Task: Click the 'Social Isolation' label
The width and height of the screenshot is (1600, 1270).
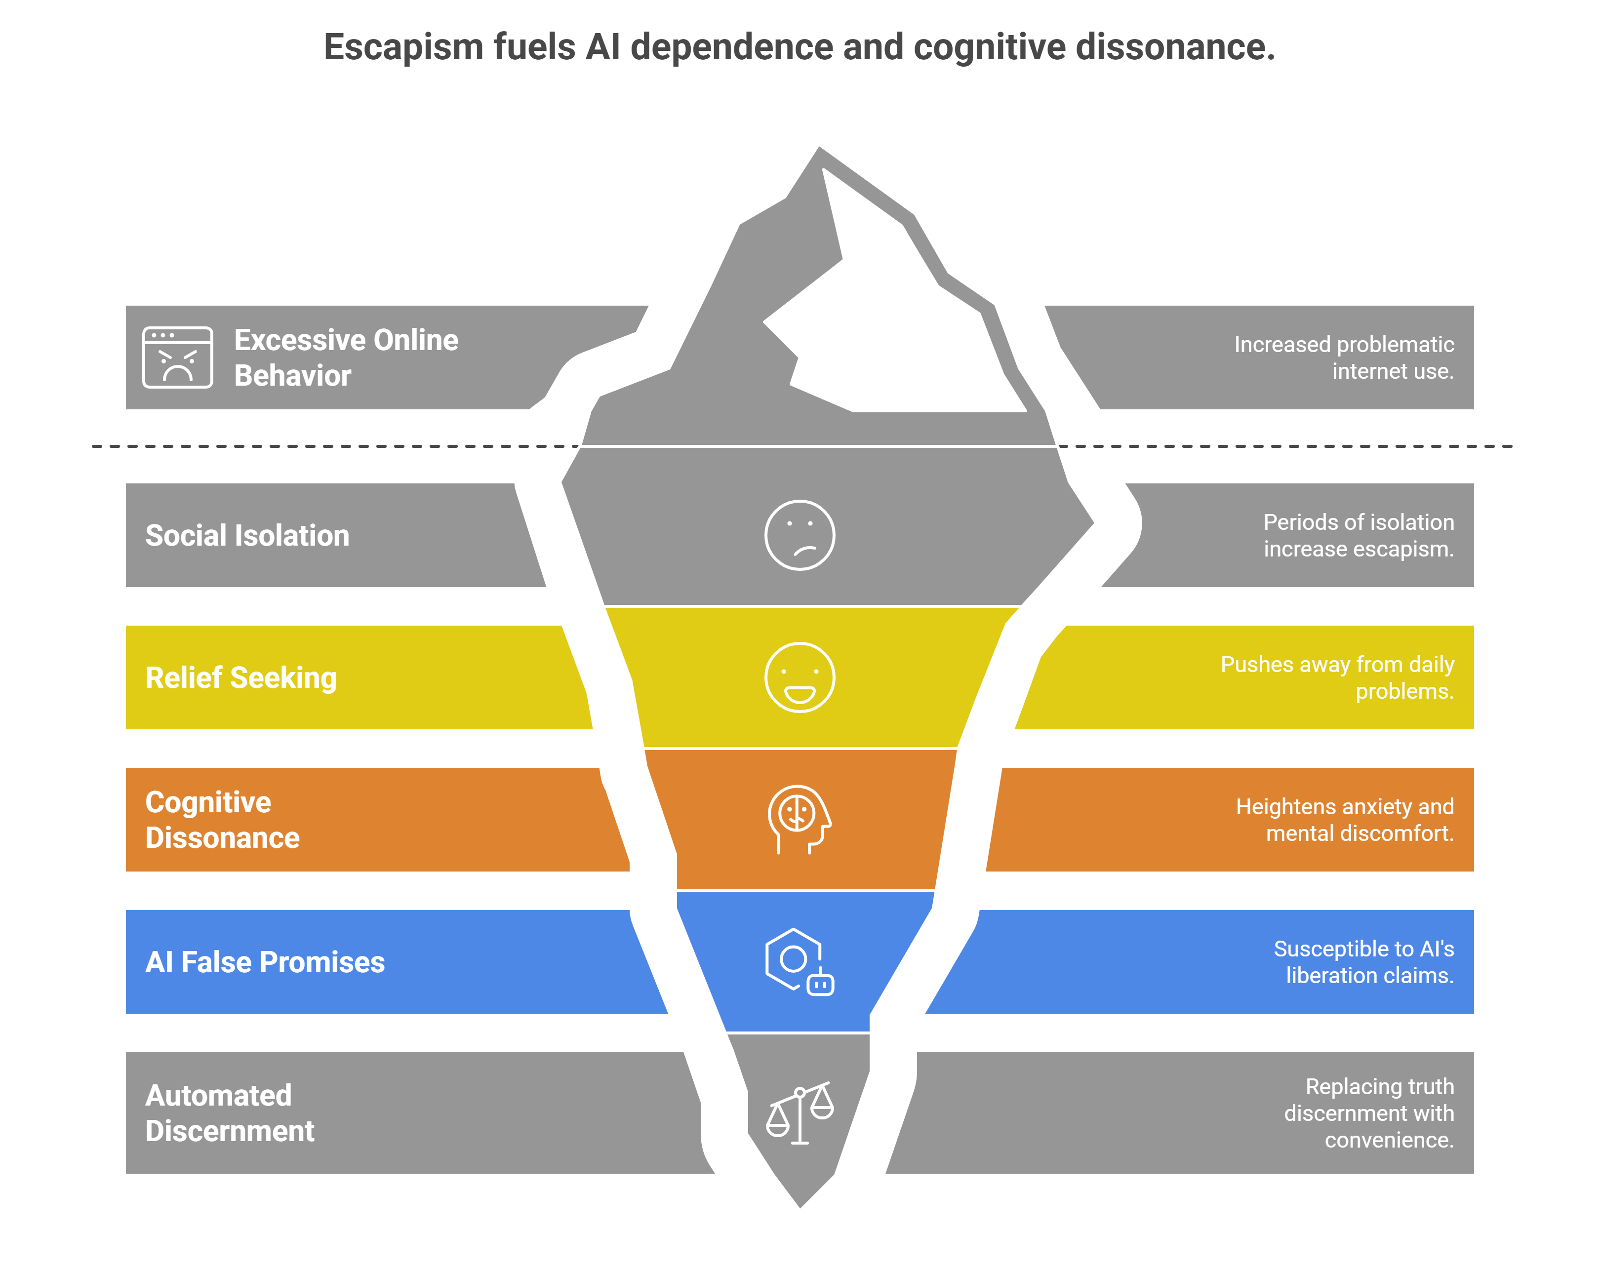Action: (247, 536)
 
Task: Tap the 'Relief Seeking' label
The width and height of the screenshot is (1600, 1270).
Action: (240, 677)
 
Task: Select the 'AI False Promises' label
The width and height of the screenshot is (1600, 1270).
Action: (265, 962)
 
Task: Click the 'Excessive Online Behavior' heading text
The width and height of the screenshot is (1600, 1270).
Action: (346, 358)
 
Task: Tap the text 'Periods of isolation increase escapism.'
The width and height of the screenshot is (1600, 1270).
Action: (1358, 535)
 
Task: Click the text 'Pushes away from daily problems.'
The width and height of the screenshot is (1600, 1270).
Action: (1337, 677)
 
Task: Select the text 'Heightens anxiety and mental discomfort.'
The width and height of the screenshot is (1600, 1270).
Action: (1344, 820)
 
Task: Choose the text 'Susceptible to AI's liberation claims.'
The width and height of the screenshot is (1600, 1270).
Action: (1363, 962)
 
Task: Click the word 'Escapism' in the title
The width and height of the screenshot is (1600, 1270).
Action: (404, 47)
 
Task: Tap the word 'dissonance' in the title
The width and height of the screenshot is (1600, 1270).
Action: (1175, 47)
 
